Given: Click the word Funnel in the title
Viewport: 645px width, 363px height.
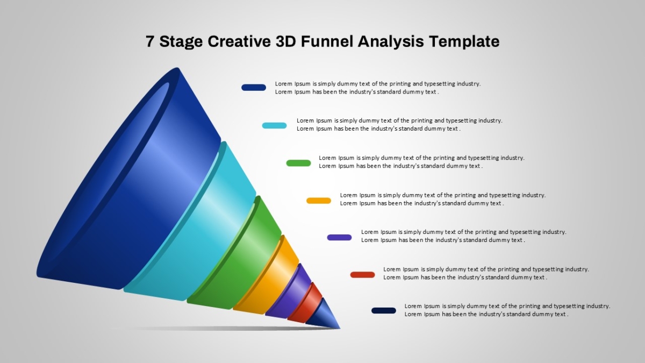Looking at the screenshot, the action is (x=327, y=41).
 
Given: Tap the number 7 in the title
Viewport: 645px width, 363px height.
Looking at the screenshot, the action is (x=150, y=41).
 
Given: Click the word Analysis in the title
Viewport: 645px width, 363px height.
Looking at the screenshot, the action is (x=391, y=42).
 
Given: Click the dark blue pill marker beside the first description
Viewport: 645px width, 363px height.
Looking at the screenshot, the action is (x=254, y=87).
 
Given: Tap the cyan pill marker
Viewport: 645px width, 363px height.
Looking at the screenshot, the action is (x=275, y=125).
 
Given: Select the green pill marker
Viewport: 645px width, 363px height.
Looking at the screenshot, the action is (x=299, y=163).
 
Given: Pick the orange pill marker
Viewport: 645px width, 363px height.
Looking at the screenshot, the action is (x=319, y=201).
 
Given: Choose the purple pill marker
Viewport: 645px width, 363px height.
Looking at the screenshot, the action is (x=340, y=237).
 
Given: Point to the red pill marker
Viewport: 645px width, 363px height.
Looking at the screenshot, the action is (x=362, y=275).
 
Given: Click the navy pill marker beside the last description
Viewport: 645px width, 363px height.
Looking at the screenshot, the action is (x=384, y=311).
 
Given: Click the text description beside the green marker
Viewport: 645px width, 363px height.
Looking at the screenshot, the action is (x=421, y=162).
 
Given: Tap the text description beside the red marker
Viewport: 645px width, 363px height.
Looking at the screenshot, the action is (x=486, y=273).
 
